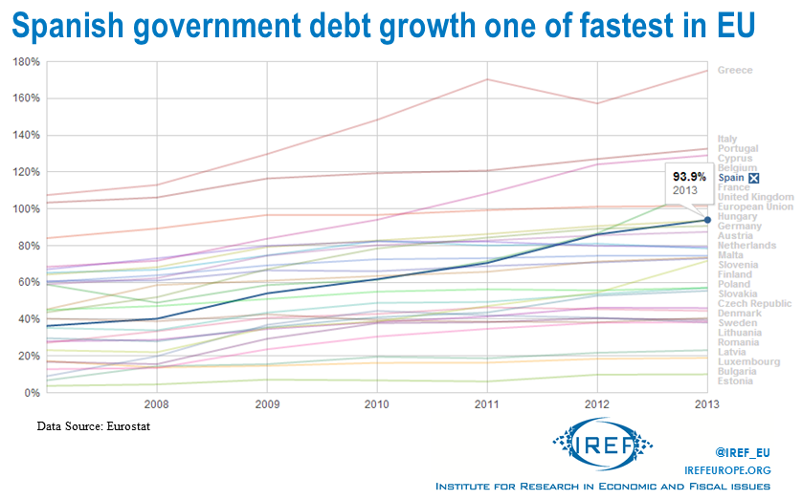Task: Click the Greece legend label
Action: click(735, 70)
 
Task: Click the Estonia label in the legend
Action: click(735, 381)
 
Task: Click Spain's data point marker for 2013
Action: click(706, 220)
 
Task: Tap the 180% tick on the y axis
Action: click(27, 62)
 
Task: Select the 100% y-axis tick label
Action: click(27, 209)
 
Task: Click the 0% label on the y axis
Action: click(31, 393)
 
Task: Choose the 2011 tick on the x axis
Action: click(486, 403)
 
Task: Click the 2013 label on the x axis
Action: click(706, 403)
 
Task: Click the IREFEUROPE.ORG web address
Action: click(727, 468)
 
